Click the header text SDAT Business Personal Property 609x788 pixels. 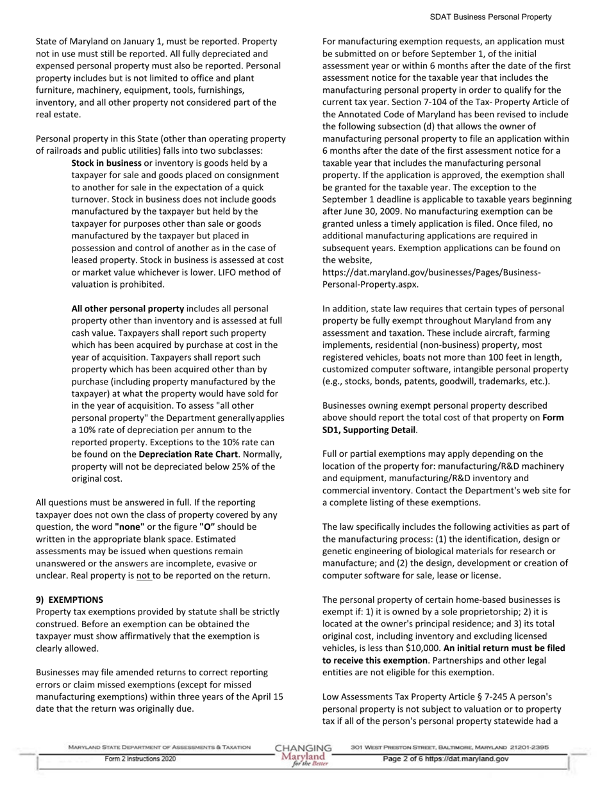click(x=490, y=17)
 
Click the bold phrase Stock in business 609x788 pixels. click(x=106, y=163)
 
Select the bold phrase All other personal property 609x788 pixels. click(x=128, y=309)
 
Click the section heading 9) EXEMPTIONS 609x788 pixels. click(x=69, y=600)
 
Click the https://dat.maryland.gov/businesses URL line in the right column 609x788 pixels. click(x=431, y=272)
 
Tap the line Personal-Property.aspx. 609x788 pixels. click(x=371, y=284)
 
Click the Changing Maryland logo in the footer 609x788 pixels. click(x=303, y=755)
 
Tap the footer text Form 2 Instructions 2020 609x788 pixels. click(x=140, y=759)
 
